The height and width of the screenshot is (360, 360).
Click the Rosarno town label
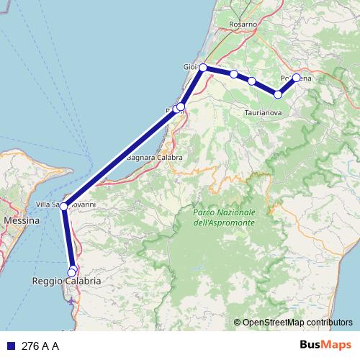point(243,24)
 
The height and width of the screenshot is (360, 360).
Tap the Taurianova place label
point(261,113)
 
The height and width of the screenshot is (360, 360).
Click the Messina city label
point(22,220)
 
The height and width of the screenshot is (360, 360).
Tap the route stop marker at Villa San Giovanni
point(64,207)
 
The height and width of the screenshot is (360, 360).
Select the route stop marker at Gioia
point(203,68)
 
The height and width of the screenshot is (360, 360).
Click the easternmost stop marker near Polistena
point(296,78)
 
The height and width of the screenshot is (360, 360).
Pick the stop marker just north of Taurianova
point(278,94)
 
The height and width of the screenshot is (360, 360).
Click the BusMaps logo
point(321,345)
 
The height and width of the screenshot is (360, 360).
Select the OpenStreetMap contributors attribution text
point(297,322)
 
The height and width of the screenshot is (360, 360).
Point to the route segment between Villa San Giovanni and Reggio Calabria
point(68,238)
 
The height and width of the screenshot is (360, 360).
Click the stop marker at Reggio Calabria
point(72,271)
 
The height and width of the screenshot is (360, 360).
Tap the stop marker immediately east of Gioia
point(234,74)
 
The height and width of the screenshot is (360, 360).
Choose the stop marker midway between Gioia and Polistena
point(251,81)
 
